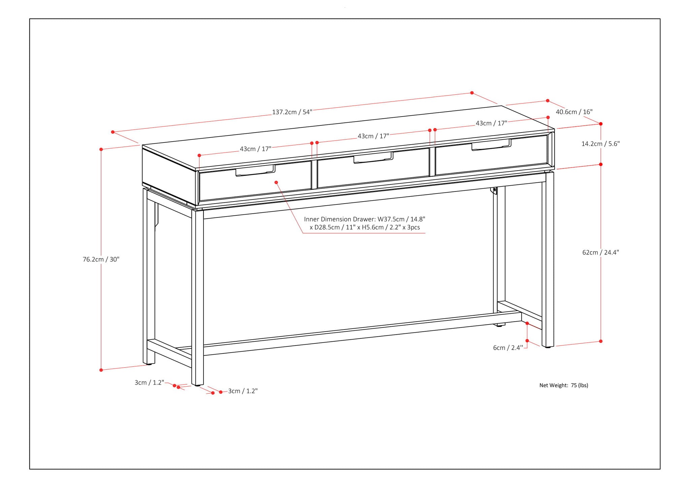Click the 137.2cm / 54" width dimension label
pyautogui.click(x=292, y=112)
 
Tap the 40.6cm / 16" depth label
pyautogui.click(x=574, y=112)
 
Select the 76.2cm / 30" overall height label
pyautogui.click(x=101, y=259)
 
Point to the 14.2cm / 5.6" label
pyautogui.click(x=600, y=144)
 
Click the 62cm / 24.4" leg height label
pyautogui.click(x=600, y=252)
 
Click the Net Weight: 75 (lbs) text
pyautogui.click(x=564, y=385)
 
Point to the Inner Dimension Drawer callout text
pyautogui.click(x=365, y=223)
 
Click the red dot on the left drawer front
pyautogui.click(x=276, y=182)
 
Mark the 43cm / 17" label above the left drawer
pyautogui.click(x=255, y=149)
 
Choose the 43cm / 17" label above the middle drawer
pyautogui.click(x=373, y=136)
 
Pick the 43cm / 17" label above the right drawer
pyautogui.click(x=491, y=123)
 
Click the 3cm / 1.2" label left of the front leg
pyautogui.click(x=149, y=383)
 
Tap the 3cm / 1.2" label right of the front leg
pyautogui.click(x=243, y=391)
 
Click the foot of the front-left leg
pyautogui.click(x=197, y=384)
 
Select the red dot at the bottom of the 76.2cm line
pyautogui.click(x=101, y=370)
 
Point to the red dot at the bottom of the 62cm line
pyautogui.click(x=601, y=341)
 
